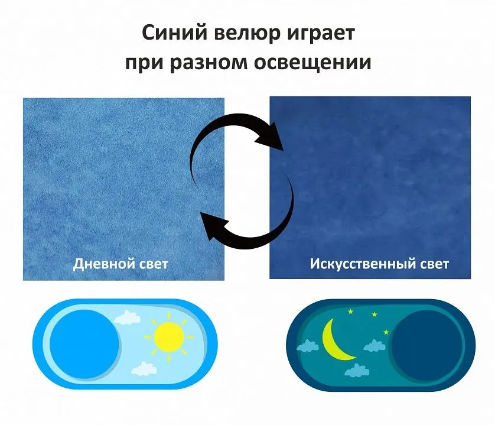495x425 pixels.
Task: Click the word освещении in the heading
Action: point(312,63)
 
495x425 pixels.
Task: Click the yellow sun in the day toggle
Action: point(169,337)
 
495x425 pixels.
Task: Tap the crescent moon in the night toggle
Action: point(336,340)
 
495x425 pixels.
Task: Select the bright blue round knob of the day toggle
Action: point(84,344)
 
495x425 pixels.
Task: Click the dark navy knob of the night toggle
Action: point(426,345)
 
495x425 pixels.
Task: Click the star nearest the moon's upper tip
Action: point(350,312)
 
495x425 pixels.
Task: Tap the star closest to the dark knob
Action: point(386,332)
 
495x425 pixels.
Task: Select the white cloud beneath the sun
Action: point(144,368)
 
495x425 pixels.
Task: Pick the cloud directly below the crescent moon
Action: point(357,370)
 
